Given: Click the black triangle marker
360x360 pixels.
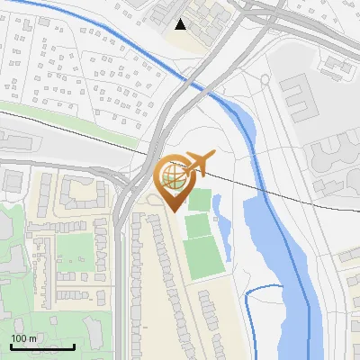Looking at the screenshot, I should tap(181, 24).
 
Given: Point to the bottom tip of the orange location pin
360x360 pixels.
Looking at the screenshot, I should tap(173, 211).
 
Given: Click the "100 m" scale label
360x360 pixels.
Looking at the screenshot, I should tap(23, 338).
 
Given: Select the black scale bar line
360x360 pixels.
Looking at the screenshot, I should tap(42, 346).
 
